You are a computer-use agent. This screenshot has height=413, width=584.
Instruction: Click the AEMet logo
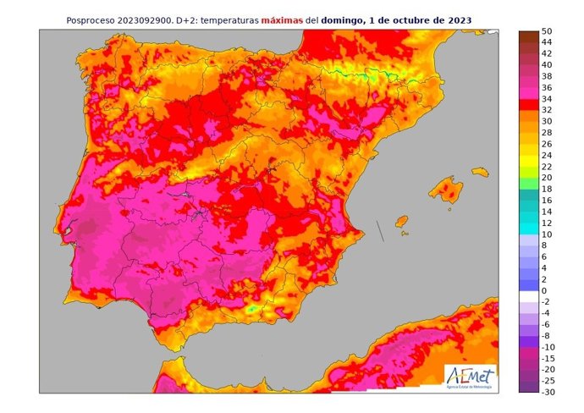pos(471,377)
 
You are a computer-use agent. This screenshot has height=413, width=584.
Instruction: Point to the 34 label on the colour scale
pos(547,99)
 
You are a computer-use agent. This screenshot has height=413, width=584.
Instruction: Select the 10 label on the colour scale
pos(547,234)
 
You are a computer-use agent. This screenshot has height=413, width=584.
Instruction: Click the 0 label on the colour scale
pos(544,291)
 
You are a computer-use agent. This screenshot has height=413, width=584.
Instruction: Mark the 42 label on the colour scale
pos(547,53)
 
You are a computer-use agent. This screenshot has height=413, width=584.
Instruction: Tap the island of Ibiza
pos(401,221)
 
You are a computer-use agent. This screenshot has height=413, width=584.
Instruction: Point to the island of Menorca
pos(481,172)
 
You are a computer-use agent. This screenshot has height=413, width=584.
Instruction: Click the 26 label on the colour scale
pos(547,144)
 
